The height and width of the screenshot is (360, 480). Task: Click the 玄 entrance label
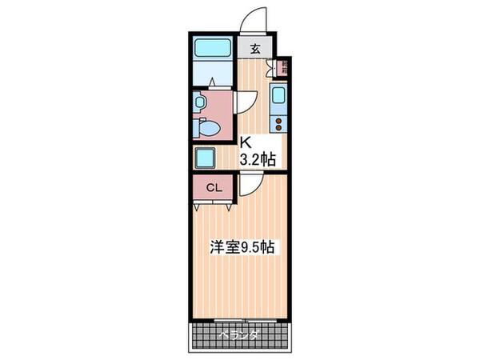point(255,49)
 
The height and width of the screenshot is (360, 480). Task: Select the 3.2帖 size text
point(258,159)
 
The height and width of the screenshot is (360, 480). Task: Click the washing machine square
point(206,156)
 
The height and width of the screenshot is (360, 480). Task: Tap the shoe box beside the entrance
point(282,69)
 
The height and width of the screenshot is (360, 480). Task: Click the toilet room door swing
point(244,102)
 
